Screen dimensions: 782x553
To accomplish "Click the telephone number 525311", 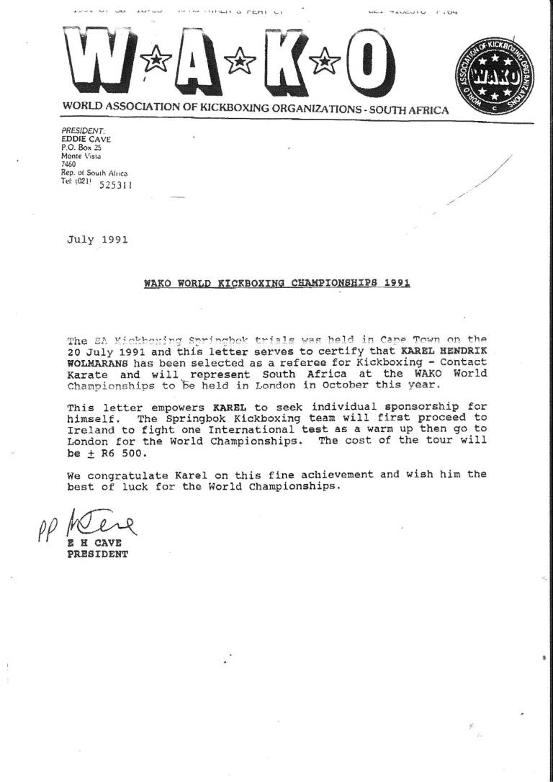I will click(114, 184).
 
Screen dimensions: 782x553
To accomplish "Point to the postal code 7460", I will click(69, 164).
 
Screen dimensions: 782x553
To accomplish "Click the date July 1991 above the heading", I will click(97, 240).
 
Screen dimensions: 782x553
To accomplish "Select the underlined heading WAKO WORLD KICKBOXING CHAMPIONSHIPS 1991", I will click(277, 284).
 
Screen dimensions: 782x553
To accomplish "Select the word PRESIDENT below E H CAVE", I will click(97, 554).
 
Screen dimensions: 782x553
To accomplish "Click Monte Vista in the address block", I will click(81, 156).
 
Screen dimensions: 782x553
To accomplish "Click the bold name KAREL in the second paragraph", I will click(225, 407).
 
